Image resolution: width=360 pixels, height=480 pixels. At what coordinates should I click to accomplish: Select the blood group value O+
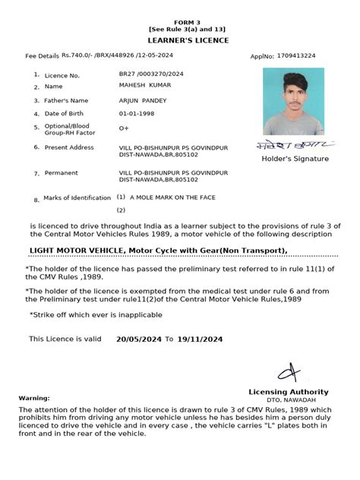[124, 129]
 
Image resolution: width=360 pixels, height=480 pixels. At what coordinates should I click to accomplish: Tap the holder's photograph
[293, 102]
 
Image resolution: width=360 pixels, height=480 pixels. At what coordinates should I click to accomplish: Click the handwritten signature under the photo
[295, 144]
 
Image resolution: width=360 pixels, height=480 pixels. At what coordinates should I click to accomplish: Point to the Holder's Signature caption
[295, 159]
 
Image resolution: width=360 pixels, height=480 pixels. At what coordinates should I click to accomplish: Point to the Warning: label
[34, 397]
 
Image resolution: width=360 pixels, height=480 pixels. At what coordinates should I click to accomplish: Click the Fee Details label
[42, 56]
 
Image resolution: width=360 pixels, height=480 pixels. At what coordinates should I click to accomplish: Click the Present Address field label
[69, 147]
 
